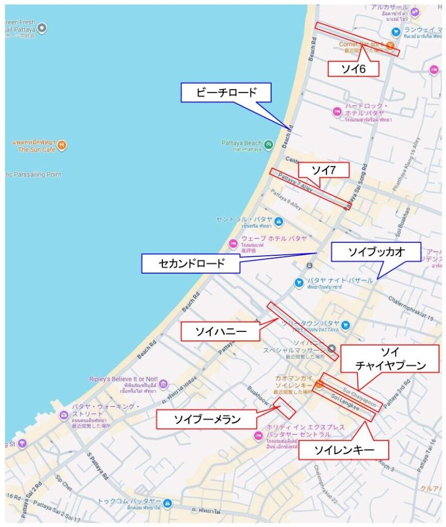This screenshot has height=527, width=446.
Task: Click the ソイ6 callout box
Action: pos(353,69)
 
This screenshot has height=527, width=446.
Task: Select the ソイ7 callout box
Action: pos(323,170)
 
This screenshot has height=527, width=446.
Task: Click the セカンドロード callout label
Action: pos(191,264)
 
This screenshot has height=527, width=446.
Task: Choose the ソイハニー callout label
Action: pos(220,332)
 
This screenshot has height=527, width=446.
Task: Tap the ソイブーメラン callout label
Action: pos(206,419)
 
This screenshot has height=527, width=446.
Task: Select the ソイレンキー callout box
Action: pos(344,450)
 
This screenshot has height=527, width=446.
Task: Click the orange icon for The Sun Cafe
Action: pos(62,145)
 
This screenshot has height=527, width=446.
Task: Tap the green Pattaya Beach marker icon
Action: pos(269,144)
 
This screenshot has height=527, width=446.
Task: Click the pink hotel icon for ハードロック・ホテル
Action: pos(337,111)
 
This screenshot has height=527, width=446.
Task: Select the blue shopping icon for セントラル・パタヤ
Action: pos(278,222)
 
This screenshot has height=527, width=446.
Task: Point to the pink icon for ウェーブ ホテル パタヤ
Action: pos(233,241)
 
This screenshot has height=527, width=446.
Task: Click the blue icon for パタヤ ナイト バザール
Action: pos(299,283)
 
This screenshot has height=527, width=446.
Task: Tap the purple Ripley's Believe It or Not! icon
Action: pos(163,384)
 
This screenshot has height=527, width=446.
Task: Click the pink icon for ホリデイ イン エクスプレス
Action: pos(258,435)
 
